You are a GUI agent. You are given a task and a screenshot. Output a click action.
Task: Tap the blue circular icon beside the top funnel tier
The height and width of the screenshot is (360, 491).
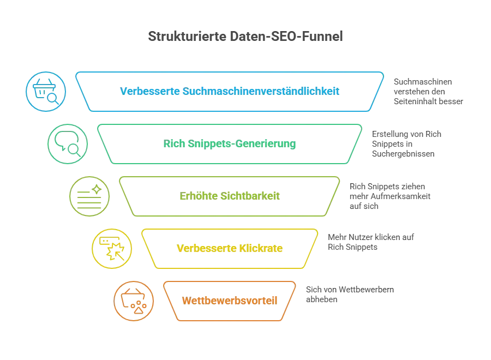(46, 91)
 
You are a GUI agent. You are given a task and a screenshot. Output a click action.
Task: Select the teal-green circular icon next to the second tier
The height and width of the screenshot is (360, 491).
(68, 143)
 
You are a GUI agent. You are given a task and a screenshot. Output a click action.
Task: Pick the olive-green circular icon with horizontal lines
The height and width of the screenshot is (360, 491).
(89, 196)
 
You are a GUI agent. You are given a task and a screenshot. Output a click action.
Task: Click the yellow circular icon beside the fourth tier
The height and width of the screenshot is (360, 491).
(112, 248)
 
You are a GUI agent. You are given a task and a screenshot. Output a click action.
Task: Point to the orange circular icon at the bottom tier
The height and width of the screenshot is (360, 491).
(134, 301)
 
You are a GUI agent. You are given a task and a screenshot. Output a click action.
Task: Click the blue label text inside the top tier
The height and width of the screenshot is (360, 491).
(229, 91)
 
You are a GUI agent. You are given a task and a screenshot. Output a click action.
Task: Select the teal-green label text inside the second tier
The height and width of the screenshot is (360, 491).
(229, 144)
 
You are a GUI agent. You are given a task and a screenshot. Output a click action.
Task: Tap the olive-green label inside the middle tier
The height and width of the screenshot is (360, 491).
(230, 196)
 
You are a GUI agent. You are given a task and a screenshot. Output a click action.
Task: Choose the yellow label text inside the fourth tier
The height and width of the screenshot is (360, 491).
(229, 248)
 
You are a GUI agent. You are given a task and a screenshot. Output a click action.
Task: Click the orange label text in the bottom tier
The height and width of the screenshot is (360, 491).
(230, 301)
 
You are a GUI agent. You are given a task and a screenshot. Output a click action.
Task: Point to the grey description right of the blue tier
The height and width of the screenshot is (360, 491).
(429, 91)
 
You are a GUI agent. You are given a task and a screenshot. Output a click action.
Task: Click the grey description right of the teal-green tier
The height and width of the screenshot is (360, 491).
(408, 143)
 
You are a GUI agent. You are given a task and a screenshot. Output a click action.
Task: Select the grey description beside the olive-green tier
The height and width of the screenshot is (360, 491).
(388, 195)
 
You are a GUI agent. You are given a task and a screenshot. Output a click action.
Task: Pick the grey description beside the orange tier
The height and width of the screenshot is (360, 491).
(349, 295)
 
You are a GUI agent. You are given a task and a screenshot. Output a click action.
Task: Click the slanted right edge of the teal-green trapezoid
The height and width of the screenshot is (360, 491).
(354, 143)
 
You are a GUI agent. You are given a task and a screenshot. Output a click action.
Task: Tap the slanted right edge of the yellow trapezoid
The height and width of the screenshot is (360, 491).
(311, 248)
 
